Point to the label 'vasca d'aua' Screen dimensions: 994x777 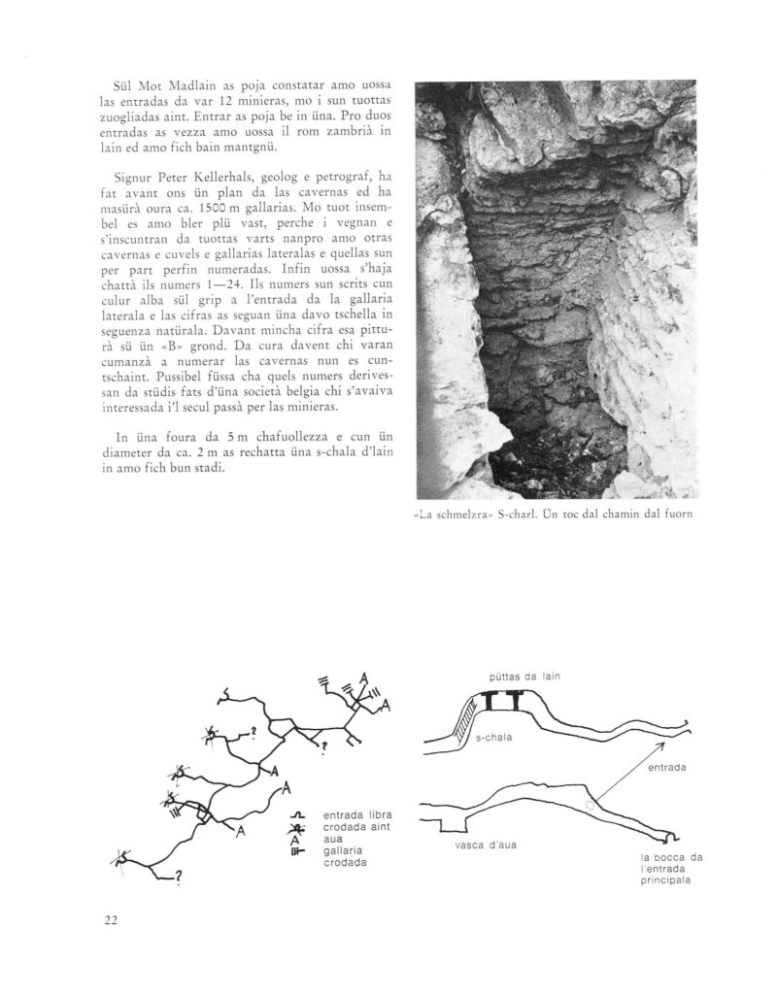485,844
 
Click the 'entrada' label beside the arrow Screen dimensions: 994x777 666,767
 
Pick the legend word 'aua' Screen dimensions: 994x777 333,838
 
